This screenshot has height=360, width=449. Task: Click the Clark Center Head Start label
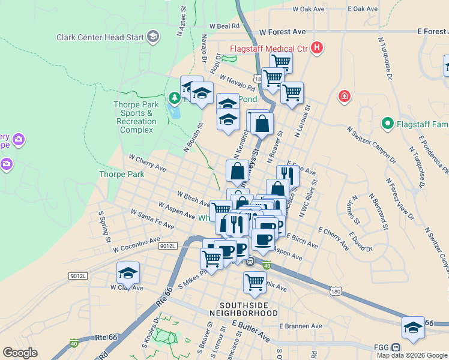tap(100, 37)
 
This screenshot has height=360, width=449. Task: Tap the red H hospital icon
tap(317, 48)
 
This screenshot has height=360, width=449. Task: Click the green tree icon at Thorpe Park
tap(174, 97)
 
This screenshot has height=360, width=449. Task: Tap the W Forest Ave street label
tap(282, 31)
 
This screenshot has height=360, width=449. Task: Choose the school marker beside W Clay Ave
tap(128, 273)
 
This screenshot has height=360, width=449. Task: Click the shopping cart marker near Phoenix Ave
tap(255, 281)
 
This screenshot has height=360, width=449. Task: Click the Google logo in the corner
tap(20, 352)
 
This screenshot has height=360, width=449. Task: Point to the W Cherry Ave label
tap(147, 163)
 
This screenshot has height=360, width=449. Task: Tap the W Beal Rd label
tap(224, 26)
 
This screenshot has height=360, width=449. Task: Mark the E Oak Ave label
tap(363, 9)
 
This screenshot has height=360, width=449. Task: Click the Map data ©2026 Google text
tap(412, 355)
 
